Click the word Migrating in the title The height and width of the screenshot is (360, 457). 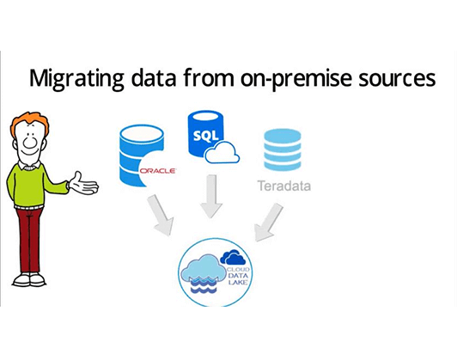pyautogui.click(x=76, y=79)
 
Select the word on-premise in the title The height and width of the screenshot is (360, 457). pyautogui.click(x=296, y=79)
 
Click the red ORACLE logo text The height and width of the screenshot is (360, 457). pyautogui.click(x=157, y=171)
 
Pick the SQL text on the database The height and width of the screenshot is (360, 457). pyautogui.click(x=206, y=135)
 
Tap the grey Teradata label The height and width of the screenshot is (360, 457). pyautogui.click(x=284, y=186)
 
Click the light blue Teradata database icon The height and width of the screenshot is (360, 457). pyautogui.click(x=282, y=149)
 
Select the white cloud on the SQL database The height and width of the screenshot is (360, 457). pyautogui.click(x=222, y=152)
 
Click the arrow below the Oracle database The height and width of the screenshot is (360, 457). pyautogui.click(x=161, y=215)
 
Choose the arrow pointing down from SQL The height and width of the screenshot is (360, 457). pyautogui.click(x=211, y=197)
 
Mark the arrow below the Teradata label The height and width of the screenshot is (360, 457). pyautogui.click(x=268, y=222)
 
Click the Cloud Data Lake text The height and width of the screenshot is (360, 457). pyautogui.click(x=238, y=276)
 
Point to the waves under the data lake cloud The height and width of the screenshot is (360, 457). pyautogui.click(x=203, y=285)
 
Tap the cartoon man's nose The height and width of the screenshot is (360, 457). pyautogui.click(x=29, y=142)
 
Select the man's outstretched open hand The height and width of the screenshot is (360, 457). pyautogui.click(x=84, y=184)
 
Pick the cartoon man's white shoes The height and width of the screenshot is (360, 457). pyautogui.click(x=28, y=279)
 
